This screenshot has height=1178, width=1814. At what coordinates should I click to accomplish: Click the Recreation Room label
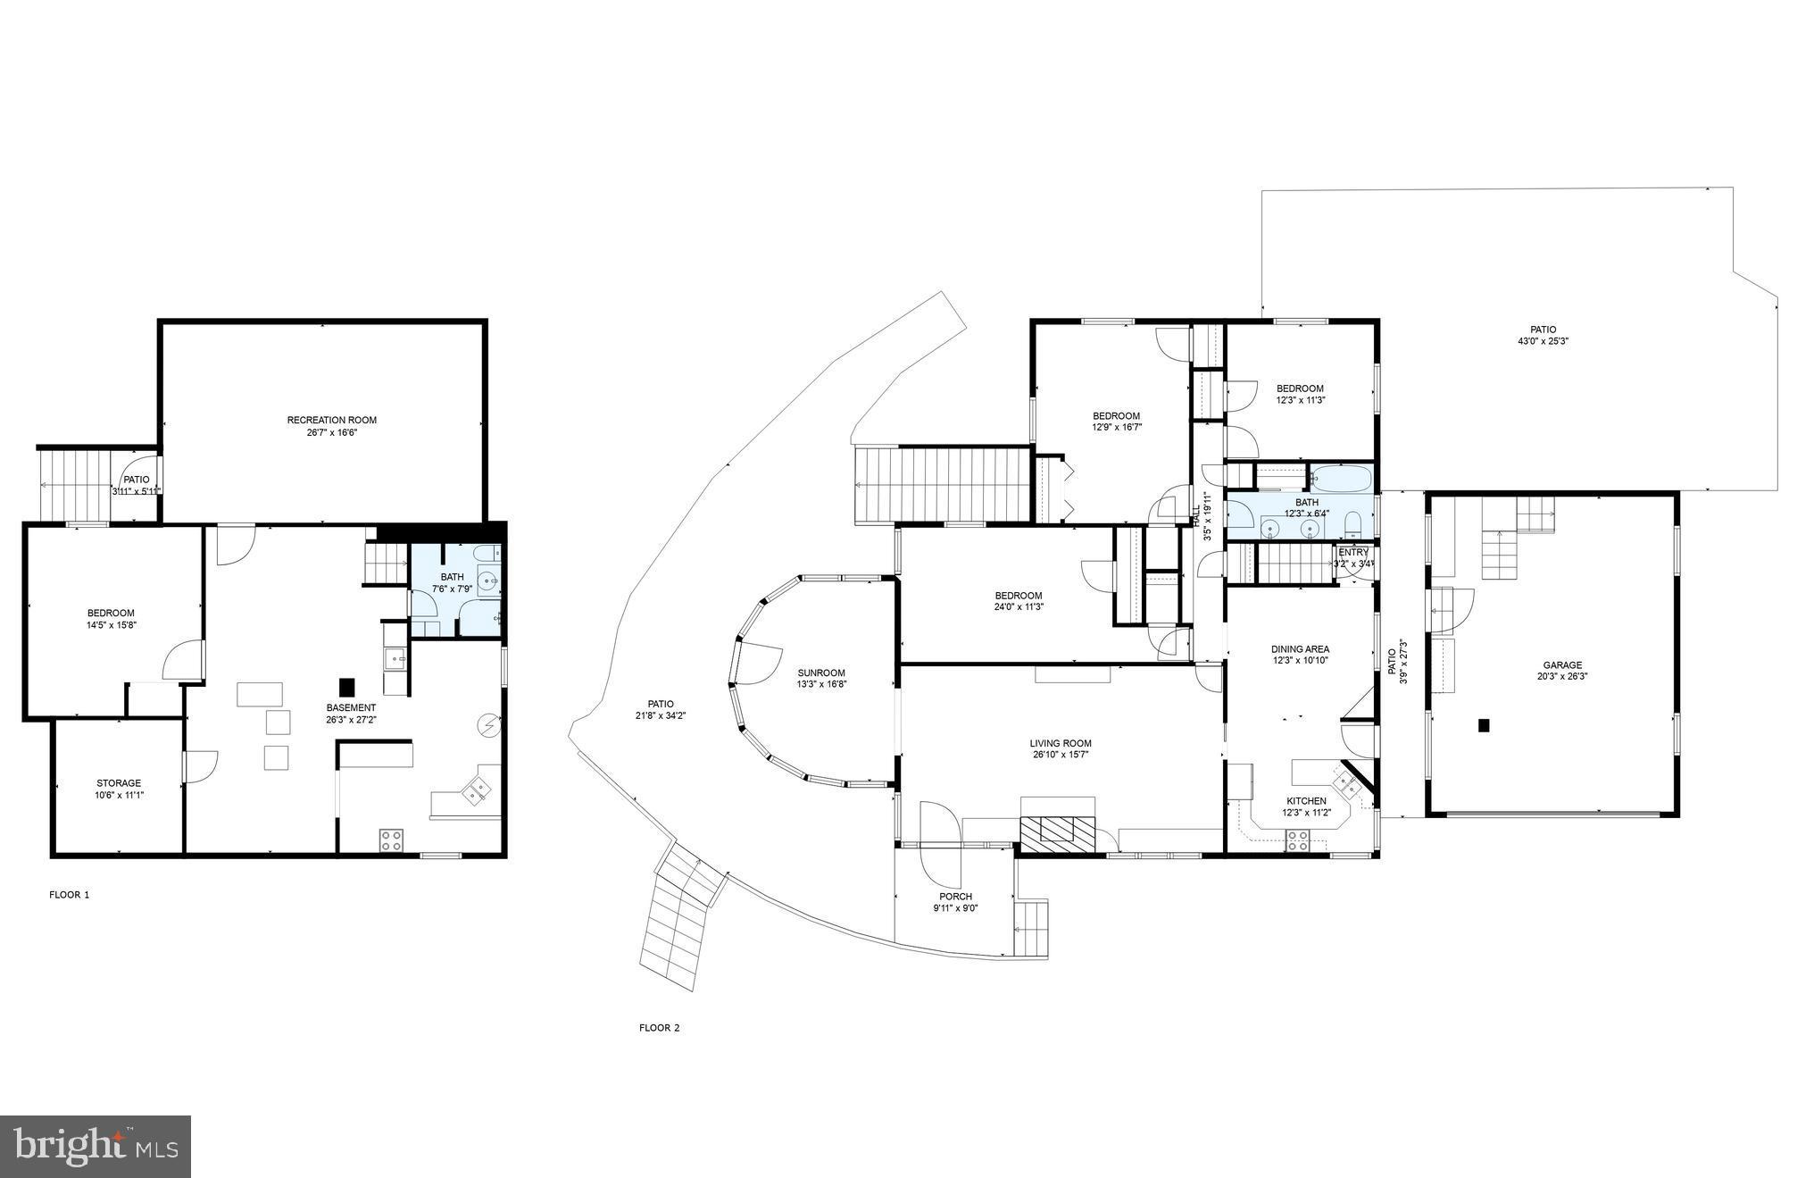tap(331, 420)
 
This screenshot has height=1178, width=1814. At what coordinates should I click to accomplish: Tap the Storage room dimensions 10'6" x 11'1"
tap(119, 795)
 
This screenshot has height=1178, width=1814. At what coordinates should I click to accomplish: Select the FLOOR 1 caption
tap(69, 895)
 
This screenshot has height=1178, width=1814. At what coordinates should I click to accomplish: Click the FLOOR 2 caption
tap(659, 1028)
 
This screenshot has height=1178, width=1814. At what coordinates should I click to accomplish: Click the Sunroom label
tap(820, 673)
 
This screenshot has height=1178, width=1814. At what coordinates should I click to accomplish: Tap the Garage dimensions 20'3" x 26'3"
tap(1561, 677)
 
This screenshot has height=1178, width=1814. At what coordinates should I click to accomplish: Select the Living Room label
tap(1060, 743)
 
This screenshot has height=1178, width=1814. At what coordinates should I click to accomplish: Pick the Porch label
tap(955, 897)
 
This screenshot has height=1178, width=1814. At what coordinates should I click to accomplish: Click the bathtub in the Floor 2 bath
tap(1341, 479)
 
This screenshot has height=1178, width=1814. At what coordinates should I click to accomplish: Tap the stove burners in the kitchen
tap(1296, 840)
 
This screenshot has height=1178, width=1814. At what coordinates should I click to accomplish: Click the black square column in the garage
tap(1484, 725)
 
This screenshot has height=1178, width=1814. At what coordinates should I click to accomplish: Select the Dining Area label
tap(1300, 649)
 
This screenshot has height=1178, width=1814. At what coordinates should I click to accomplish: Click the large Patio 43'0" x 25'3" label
tap(1543, 330)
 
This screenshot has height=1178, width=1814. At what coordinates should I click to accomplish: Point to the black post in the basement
tap(346, 687)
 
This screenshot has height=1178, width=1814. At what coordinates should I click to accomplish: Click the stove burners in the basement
tap(390, 840)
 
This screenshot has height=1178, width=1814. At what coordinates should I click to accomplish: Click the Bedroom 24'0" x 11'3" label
tap(1019, 596)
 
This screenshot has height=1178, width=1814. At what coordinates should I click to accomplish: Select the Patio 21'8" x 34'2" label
tap(661, 704)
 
